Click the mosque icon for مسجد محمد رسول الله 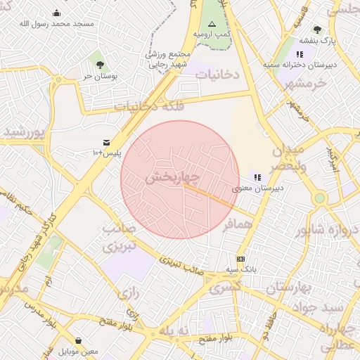click(57, 13)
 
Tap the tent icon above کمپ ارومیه click(212, 23)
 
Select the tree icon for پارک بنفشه click(317, 30)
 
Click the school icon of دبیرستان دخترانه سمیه click(300, 53)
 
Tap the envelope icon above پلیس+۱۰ click(106, 142)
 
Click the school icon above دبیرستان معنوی click(257, 178)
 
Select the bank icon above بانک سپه click(240, 259)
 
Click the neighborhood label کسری click(225, 287)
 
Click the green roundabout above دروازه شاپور click(320, 198)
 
